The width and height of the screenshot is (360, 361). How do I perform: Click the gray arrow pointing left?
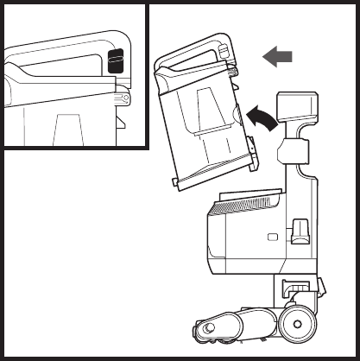coord(277,57)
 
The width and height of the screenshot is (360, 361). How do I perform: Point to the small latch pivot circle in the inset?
coord(126,98)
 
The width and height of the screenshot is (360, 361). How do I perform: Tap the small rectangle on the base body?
coord(273,237)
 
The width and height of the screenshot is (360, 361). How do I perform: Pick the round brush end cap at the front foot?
coord(207,329)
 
